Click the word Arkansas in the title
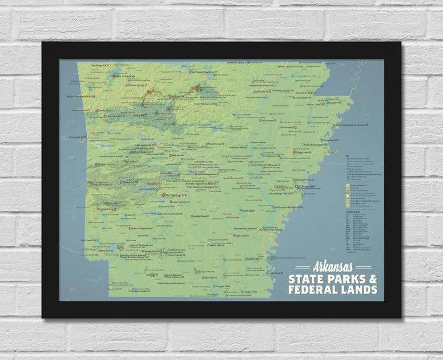coord(332,267)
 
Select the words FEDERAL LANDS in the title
coord(333,289)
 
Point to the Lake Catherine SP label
coord(181,202)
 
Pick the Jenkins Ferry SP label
coord(198,216)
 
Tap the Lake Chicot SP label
coord(275,272)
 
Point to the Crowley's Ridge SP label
coord(309,93)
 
